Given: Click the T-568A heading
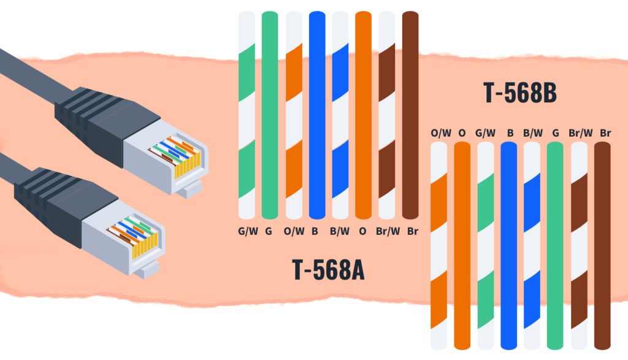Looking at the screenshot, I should click(x=329, y=270).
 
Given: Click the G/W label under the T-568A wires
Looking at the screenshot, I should click(x=247, y=232).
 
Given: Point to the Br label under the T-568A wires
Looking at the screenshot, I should click(x=412, y=232).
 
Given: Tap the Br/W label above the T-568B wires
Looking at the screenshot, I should click(x=579, y=132).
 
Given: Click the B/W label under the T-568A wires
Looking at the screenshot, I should click(x=339, y=232).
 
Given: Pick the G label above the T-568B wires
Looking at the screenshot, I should click(x=555, y=132).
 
